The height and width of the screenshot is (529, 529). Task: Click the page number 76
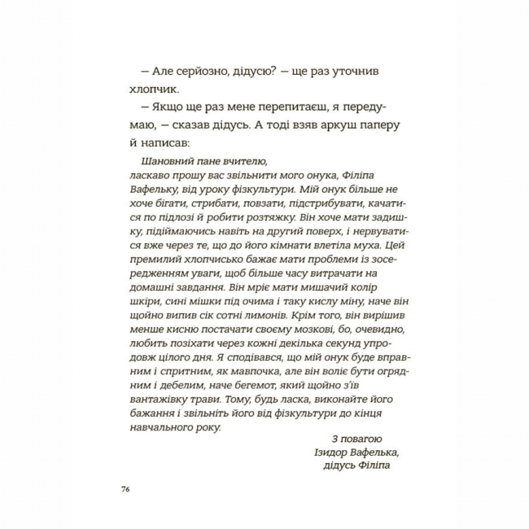click(x=125, y=489)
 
